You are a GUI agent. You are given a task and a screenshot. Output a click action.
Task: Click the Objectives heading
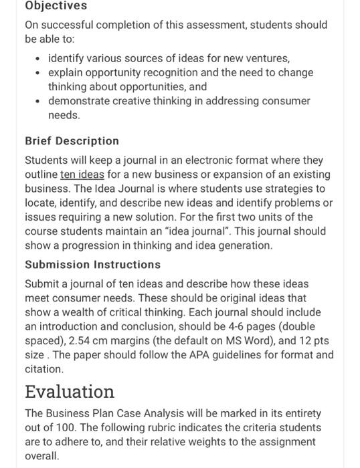(x=56, y=6)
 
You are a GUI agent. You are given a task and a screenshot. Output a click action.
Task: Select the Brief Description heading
(x=72, y=141)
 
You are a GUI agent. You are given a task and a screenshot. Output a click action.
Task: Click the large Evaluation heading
(x=70, y=391)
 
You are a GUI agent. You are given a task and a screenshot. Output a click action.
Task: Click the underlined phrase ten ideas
(x=82, y=174)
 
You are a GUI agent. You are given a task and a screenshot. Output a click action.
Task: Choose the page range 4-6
(x=232, y=326)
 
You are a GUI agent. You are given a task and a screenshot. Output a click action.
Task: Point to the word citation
(x=44, y=369)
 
